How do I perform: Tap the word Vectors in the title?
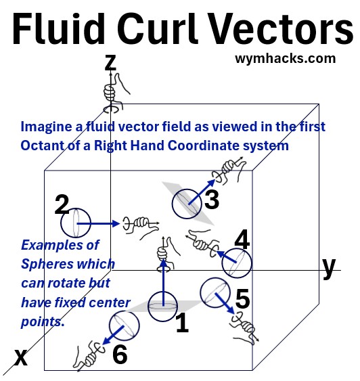281,28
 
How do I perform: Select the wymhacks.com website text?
285,59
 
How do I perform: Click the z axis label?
110,63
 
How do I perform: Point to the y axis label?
329,268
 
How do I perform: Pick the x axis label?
20,357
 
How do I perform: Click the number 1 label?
183,323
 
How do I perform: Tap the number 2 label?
62,204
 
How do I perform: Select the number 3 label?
212,199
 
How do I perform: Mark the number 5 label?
242,298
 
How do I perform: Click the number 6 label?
120,354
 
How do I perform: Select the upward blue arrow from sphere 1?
164,282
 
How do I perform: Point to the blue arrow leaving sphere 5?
225,304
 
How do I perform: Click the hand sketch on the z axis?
114,93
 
